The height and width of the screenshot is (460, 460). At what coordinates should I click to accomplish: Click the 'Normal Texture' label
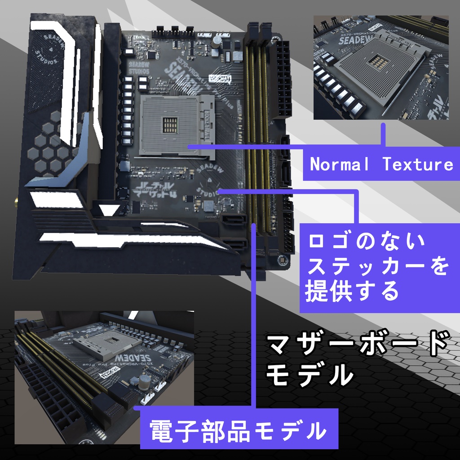(381, 164)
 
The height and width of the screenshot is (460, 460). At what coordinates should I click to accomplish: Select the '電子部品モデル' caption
(238, 430)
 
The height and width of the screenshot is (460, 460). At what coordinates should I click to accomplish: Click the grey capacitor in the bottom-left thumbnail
(145, 383)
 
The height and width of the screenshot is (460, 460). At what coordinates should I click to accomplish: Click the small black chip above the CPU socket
(153, 54)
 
